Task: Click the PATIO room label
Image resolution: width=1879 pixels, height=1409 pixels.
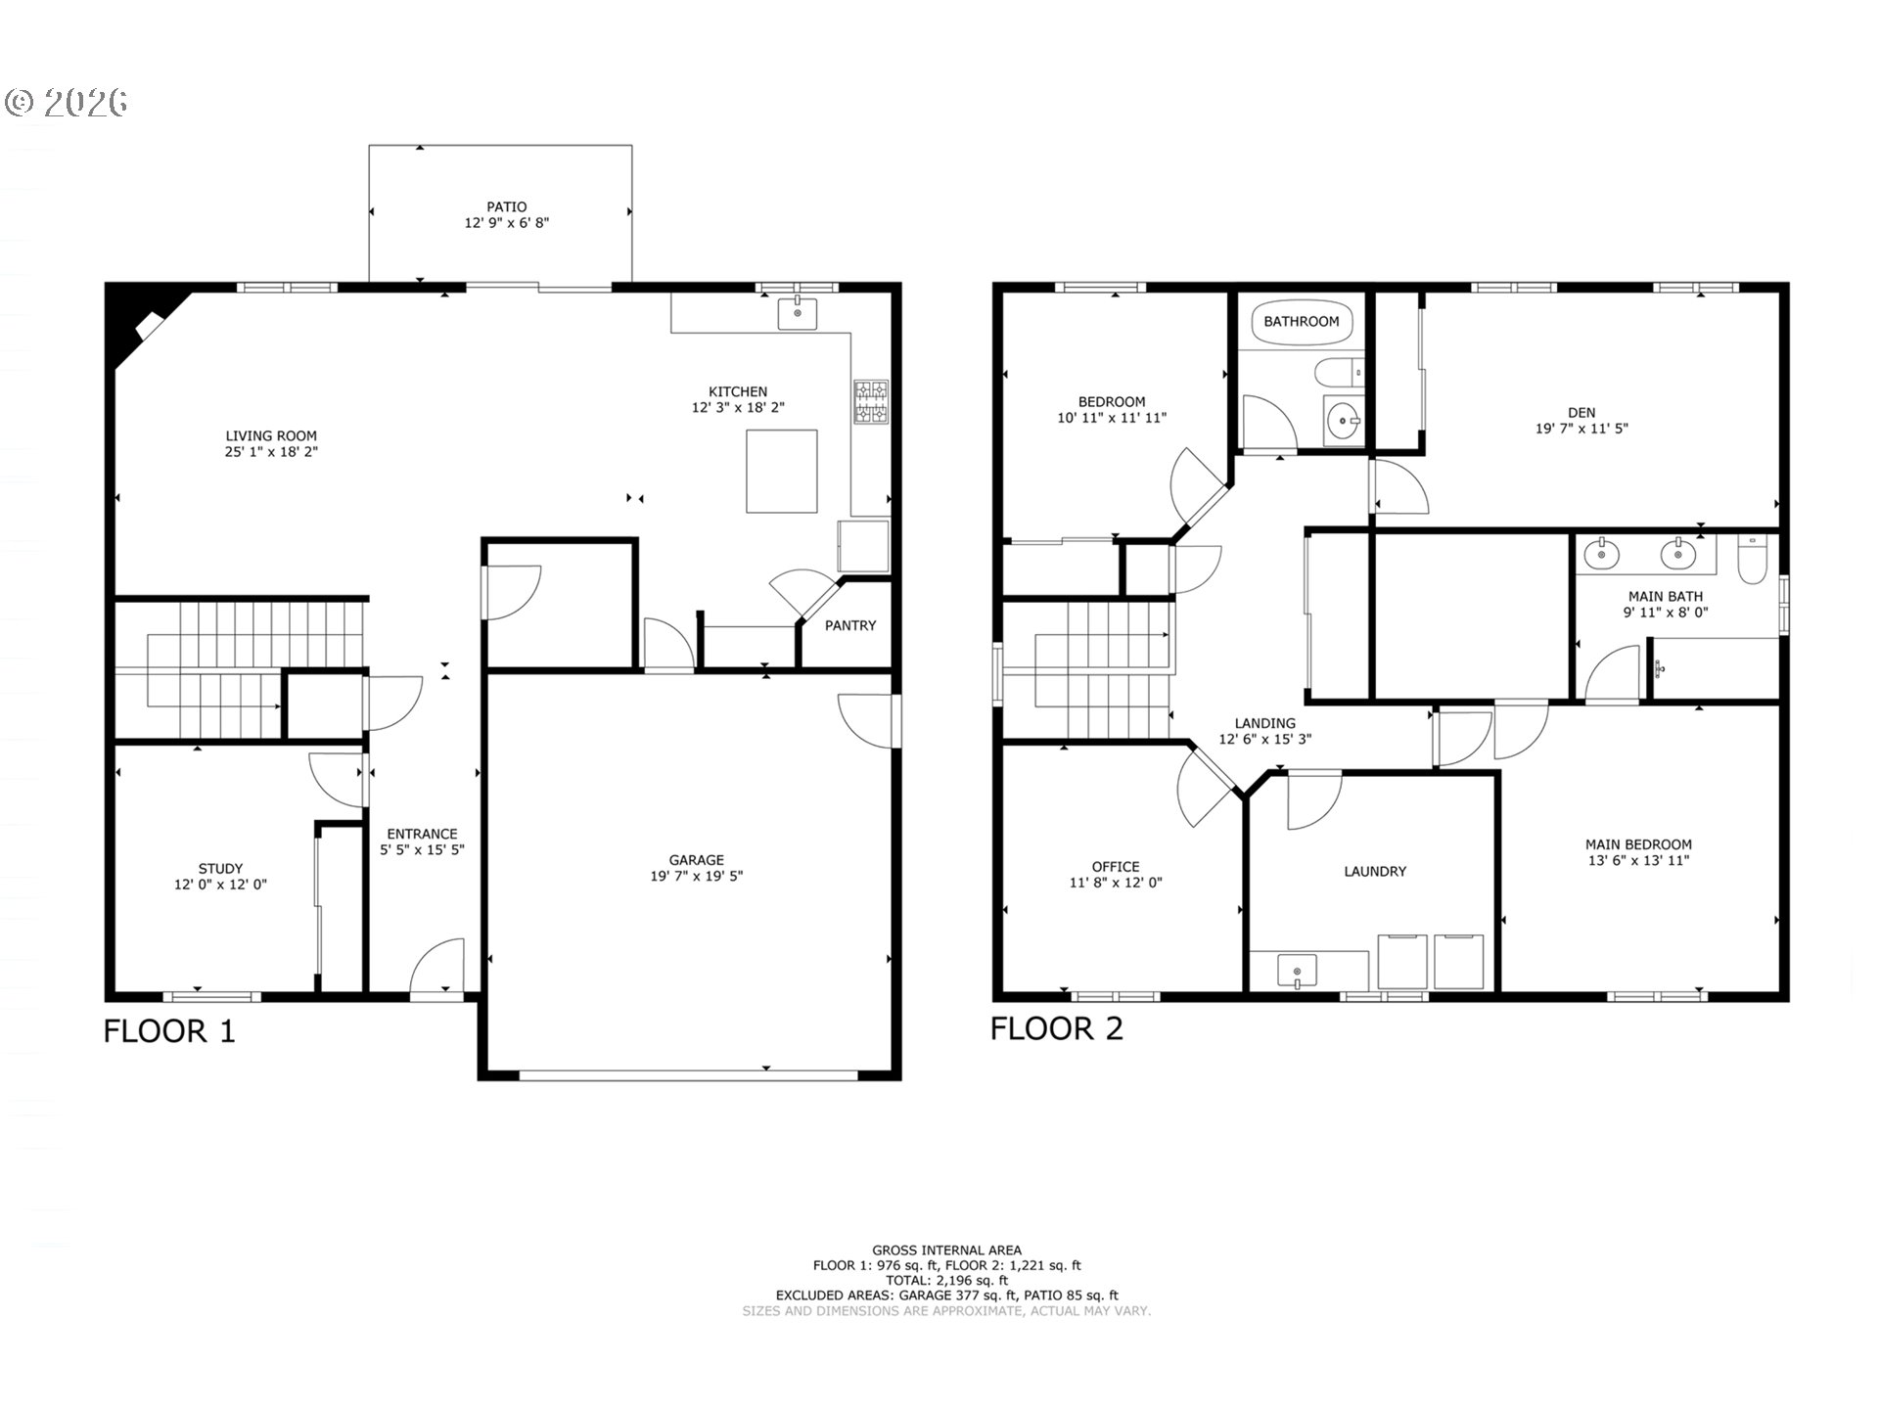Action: [x=507, y=206]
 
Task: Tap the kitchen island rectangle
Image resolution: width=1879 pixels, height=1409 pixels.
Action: [x=782, y=471]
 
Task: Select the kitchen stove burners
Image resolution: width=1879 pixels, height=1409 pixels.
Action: [x=872, y=402]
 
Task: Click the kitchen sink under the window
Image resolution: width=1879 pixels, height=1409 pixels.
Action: [x=798, y=314]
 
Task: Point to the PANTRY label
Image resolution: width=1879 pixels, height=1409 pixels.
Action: [x=850, y=625]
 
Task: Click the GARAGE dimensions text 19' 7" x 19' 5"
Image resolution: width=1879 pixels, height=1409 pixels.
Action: [x=697, y=876]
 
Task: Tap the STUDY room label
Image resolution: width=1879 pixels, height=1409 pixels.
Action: [x=221, y=868]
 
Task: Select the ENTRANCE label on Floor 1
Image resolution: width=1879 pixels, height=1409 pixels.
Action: [x=422, y=834]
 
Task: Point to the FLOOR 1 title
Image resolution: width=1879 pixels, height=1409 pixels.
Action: [x=170, y=1031]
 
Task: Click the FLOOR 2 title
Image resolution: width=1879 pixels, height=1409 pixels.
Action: [x=1057, y=1028]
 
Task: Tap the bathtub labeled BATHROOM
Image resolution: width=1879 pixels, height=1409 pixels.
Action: [x=1302, y=321]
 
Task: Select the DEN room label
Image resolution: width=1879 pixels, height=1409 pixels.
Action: [x=1581, y=412]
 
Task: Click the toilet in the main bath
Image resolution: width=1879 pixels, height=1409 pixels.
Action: [x=1752, y=559]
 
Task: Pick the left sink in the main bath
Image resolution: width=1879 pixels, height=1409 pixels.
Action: [x=1601, y=554]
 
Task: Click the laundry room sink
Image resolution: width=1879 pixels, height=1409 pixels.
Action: [x=1297, y=972]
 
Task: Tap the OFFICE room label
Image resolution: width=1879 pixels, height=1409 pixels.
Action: [x=1116, y=866]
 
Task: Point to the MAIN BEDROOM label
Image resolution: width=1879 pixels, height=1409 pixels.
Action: [x=1638, y=844]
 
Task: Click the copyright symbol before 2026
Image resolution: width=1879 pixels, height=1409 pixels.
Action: [x=20, y=102]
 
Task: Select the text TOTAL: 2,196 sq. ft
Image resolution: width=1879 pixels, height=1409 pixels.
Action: [x=946, y=1280]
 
